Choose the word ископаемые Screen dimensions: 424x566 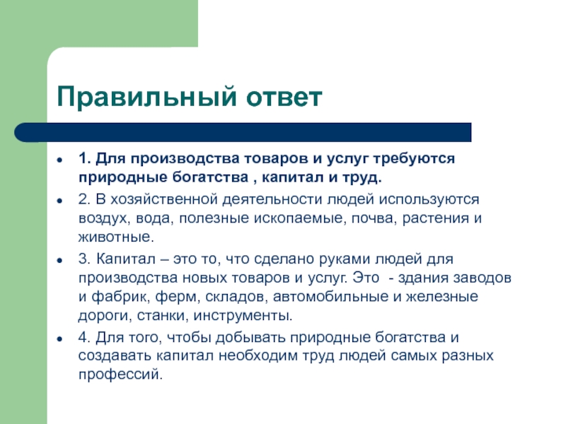298,218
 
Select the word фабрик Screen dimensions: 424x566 118,297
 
